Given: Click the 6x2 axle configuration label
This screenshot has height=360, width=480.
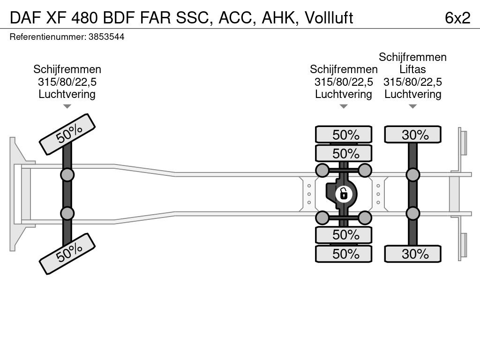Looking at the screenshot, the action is click(457, 18).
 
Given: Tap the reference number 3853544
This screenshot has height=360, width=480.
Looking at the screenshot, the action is click(106, 37).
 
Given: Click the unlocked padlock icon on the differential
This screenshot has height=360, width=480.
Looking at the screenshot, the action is click(344, 194).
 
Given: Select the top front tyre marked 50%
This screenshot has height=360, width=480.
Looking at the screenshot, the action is click(67, 135).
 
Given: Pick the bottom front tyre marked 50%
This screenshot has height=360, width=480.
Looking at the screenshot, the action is click(67, 254).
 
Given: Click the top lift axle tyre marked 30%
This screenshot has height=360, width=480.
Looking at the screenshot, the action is click(412, 135).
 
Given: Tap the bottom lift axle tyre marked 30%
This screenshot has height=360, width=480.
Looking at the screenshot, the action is click(412, 254).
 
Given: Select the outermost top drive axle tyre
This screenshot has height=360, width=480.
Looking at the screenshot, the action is click(344, 135).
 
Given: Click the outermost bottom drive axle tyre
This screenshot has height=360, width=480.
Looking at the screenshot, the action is click(344, 254).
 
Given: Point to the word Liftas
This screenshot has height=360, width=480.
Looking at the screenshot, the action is click(412, 69).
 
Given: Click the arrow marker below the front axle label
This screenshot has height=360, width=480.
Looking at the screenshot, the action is click(67, 106).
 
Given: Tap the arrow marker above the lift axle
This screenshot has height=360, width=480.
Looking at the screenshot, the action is click(412, 106).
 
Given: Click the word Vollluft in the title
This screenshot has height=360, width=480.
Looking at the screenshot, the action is click(329, 18).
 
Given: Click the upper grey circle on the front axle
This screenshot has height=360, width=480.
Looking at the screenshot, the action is click(67, 175).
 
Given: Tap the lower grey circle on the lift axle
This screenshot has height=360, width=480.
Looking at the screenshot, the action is click(412, 213).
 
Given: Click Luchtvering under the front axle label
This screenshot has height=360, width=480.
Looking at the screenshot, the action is click(67, 94).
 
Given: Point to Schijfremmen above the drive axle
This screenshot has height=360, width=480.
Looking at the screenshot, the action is click(344, 69).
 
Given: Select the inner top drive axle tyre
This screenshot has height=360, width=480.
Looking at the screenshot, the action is click(344, 153).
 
